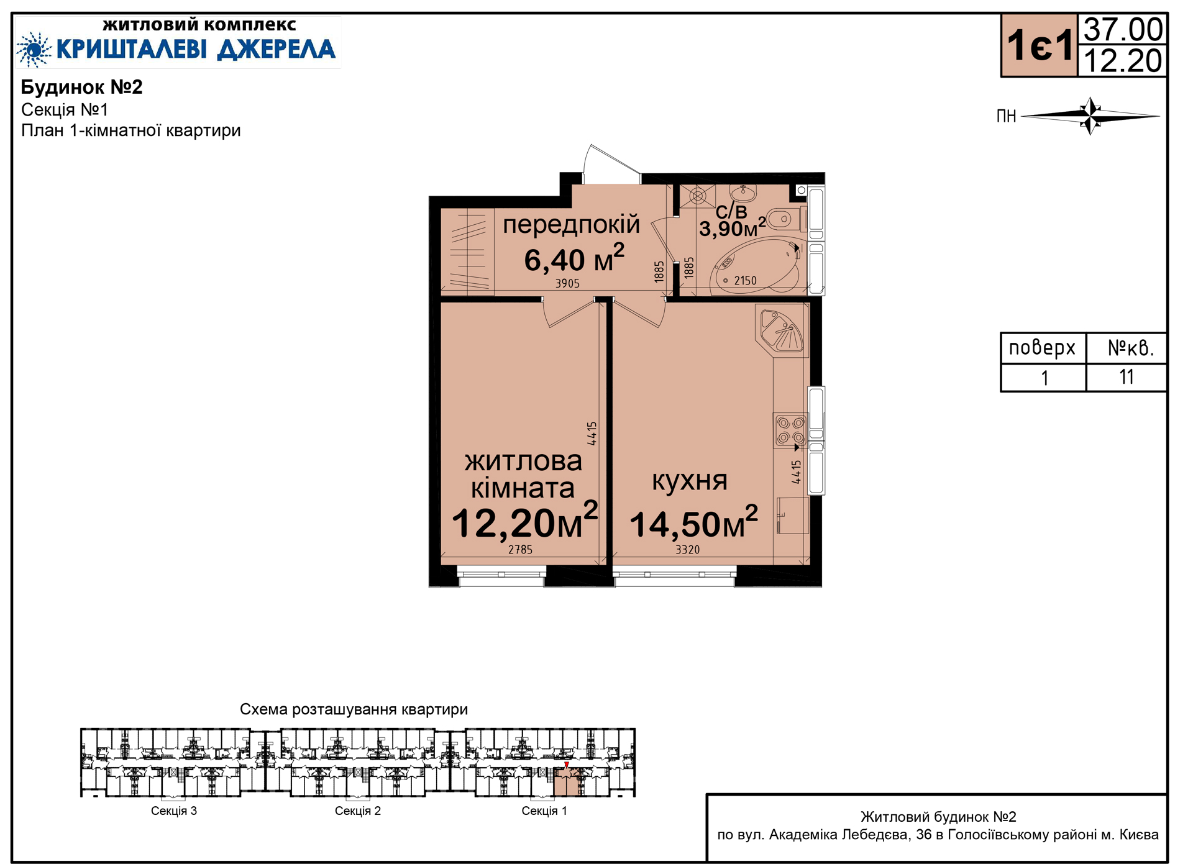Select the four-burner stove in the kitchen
pos(791,430)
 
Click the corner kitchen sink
pos(782,330)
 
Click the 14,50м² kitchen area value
pos(694,523)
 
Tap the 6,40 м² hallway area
pos(574,258)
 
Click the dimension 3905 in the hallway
pos(567,283)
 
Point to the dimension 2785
pos(520,550)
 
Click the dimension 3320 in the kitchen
pos(688,550)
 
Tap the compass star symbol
pos(1090,116)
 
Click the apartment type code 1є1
pos(1040,45)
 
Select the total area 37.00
pos(1123,29)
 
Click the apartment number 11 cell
pos(1127,377)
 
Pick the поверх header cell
pos(1043,348)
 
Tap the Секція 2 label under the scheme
pos(358,811)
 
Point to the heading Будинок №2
pos(82,87)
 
